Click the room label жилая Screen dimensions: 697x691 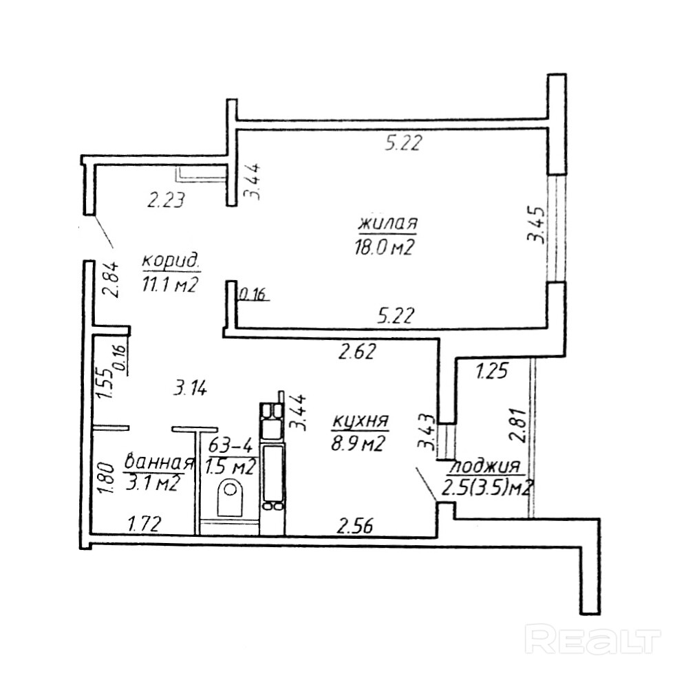[x=388, y=224]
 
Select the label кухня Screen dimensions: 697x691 [x=361, y=421]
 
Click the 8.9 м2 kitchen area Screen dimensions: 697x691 [x=357, y=444]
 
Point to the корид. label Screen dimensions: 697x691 [x=171, y=261]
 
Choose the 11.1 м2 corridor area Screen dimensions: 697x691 [x=171, y=284]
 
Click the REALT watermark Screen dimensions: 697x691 [x=592, y=639]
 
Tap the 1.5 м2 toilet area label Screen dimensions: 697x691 [x=230, y=467]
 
